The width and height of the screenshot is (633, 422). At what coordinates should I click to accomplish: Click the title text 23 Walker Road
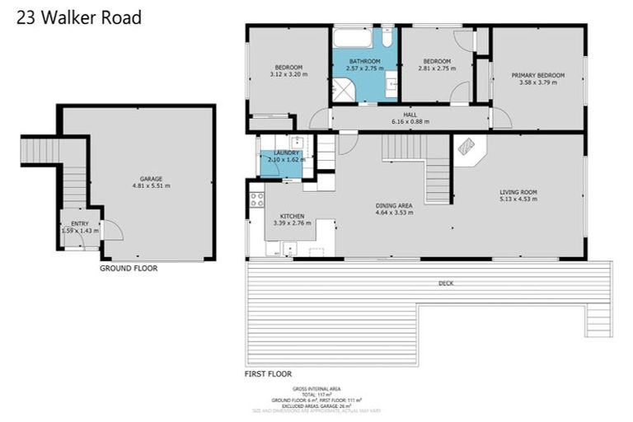(x=79, y=16)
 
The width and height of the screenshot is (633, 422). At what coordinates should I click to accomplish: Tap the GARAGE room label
(x=151, y=179)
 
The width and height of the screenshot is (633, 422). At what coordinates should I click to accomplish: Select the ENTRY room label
(x=79, y=223)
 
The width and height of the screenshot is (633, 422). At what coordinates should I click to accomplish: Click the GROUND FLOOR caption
(x=129, y=268)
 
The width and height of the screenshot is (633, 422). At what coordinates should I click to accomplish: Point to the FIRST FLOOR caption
(x=268, y=374)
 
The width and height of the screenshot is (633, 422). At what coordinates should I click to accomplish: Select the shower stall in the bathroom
(x=341, y=91)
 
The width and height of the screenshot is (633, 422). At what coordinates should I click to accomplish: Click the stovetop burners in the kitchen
(x=256, y=199)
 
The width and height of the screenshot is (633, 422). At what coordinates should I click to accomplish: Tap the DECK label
(x=446, y=284)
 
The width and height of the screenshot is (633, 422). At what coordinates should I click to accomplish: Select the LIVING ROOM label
(x=518, y=192)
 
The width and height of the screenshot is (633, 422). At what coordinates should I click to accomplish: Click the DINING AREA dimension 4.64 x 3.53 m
(x=393, y=213)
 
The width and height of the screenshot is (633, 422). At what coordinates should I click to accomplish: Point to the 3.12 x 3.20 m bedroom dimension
(x=288, y=75)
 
